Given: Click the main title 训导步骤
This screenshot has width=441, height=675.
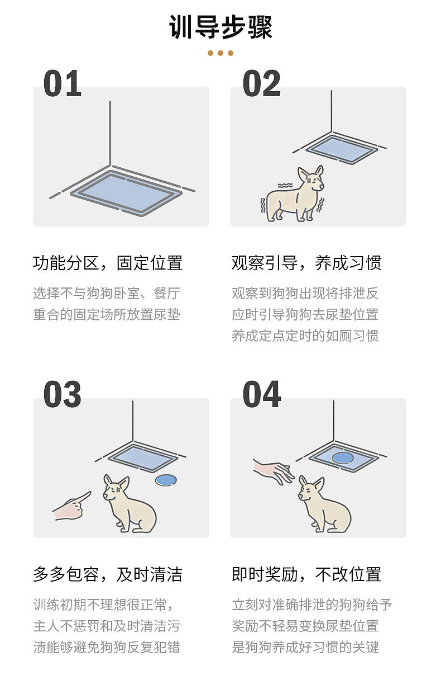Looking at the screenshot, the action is coord(220,27).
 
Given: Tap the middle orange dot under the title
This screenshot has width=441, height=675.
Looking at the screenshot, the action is coord(220,53).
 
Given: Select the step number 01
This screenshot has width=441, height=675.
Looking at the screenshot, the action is coord(63,83).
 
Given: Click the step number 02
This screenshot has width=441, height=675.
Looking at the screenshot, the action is coord(261,83).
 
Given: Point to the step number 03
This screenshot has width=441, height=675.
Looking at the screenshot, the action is coord(63,394).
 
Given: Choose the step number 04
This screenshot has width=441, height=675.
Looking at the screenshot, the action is coord(261,394).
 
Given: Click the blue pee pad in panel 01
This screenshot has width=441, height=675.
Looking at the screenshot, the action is coord(126,193).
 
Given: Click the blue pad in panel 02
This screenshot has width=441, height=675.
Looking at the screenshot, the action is coord(342,149).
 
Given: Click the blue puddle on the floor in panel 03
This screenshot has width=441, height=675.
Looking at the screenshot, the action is coord(166,479).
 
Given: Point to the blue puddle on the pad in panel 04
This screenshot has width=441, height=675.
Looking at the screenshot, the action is coord(343,458).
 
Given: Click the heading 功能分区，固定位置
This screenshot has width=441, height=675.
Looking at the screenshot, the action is coord(108,263).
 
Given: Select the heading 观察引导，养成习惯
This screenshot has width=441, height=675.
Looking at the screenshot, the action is coord(306,263).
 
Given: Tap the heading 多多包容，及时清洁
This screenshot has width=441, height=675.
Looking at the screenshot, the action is coord(108,574).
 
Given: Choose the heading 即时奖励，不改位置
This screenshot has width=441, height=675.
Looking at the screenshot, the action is coord(306,574).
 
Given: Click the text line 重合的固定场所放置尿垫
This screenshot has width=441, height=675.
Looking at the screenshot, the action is coord(107,315).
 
